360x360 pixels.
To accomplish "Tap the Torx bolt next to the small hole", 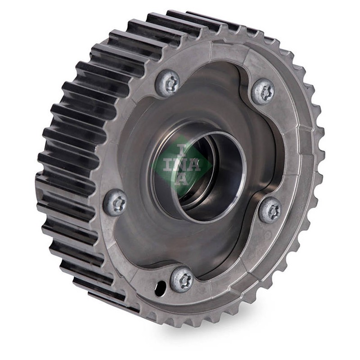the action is (182, 279).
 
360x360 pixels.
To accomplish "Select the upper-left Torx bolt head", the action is (168, 81).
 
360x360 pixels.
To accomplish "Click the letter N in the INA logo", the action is (181, 165).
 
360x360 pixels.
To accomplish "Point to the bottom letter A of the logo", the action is (182, 179).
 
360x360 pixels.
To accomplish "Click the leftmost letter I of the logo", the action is (169, 165).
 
